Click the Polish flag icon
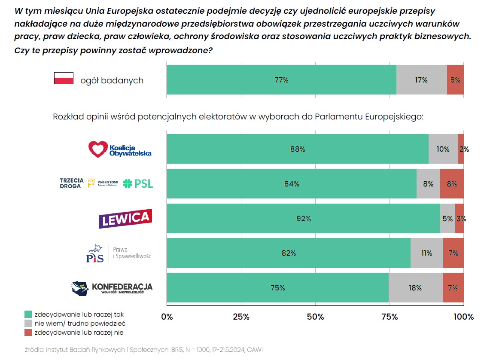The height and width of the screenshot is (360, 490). point(64,79)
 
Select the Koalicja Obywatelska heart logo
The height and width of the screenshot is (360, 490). point(97,149)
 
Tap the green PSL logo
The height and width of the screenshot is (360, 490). point(138,184)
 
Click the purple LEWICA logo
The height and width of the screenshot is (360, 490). point(125,218)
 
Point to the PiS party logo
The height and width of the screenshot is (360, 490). point(95,253)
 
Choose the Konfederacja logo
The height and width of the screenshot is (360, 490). point(112,288)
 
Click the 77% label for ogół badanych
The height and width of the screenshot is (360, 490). point(281,80)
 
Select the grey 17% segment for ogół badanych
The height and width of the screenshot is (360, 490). point(421,80)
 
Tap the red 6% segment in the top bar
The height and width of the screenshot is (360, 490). point(455,80)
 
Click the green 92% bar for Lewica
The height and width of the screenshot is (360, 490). point(303,219)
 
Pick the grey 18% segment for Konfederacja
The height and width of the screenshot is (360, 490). point(415,288)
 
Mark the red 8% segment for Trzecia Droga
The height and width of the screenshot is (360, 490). point(452,184)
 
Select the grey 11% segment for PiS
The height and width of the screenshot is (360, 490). point(426,253)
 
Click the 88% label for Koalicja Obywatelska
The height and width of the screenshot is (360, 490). point(298,149)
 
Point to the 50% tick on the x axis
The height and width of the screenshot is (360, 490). point(315,317)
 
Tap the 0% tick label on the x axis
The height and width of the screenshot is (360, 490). point(167,317)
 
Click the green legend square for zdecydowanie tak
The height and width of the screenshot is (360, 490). point(28,314)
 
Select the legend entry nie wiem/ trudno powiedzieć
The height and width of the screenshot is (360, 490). point(79,323)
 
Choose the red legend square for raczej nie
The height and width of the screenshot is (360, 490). point(28,332)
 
